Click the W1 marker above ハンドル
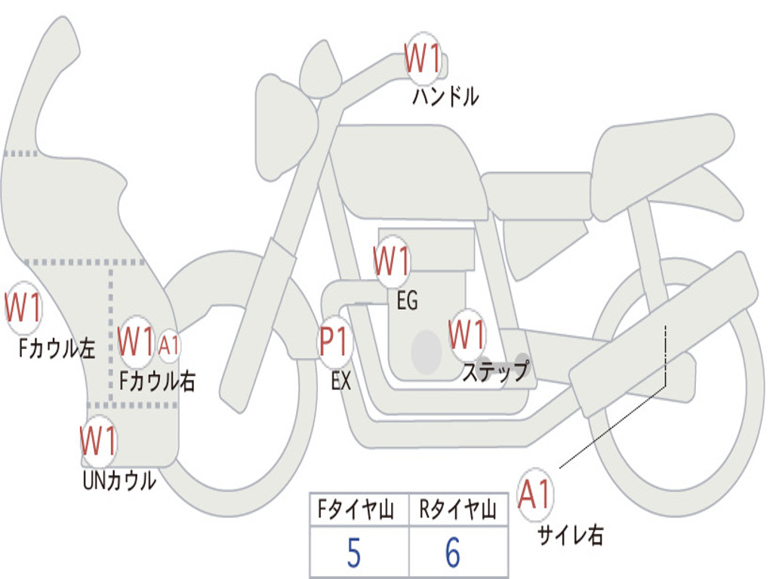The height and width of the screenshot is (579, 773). pyautogui.click(x=423, y=58)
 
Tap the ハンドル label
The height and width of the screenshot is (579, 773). pyautogui.click(x=445, y=96)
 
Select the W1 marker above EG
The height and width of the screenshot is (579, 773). pyautogui.click(x=392, y=261)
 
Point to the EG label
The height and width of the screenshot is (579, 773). pyautogui.click(x=407, y=300)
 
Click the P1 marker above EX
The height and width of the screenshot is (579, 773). pyautogui.click(x=336, y=342)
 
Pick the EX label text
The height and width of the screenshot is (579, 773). pyautogui.click(x=341, y=381)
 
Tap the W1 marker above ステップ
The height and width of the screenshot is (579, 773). pyautogui.click(x=467, y=335)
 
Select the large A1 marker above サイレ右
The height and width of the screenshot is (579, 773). pyautogui.click(x=535, y=495)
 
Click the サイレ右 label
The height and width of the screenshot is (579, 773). pyautogui.click(x=570, y=535)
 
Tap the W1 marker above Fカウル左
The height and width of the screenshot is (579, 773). pyautogui.click(x=23, y=308)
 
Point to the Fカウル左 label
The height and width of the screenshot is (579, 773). pyautogui.click(x=57, y=348)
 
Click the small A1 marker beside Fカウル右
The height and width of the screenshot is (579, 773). pyautogui.click(x=168, y=345)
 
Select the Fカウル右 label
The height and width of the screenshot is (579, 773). pyautogui.click(x=157, y=381)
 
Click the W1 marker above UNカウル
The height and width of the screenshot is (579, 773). pyautogui.click(x=99, y=441)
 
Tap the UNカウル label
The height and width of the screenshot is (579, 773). pyautogui.click(x=119, y=481)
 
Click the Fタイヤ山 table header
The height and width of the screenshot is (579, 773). pyautogui.click(x=356, y=510)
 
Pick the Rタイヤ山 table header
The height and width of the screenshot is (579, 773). pyautogui.click(x=457, y=510)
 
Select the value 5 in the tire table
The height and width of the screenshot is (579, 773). pyautogui.click(x=354, y=553)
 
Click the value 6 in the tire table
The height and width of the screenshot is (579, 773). pyautogui.click(x=453, y=553)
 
